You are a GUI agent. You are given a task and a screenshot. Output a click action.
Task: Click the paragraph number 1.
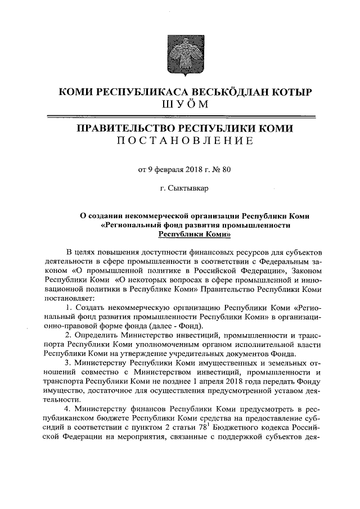point(68,308)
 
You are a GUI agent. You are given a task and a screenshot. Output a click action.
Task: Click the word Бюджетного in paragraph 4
point(245,427)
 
